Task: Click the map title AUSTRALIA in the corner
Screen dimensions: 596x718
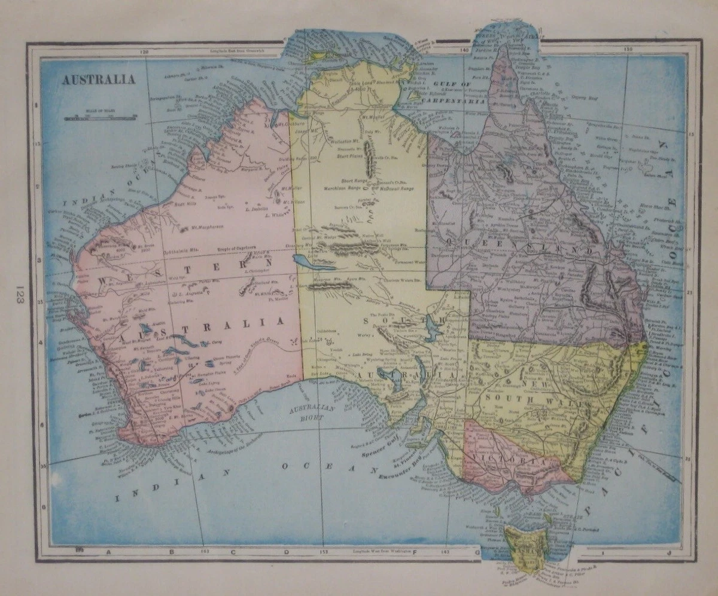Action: pos(98,80)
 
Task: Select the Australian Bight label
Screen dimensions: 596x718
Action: pos(305,413)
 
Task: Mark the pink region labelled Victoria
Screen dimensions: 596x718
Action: pos(512,460)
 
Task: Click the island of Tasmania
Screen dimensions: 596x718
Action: pos(525,545)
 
